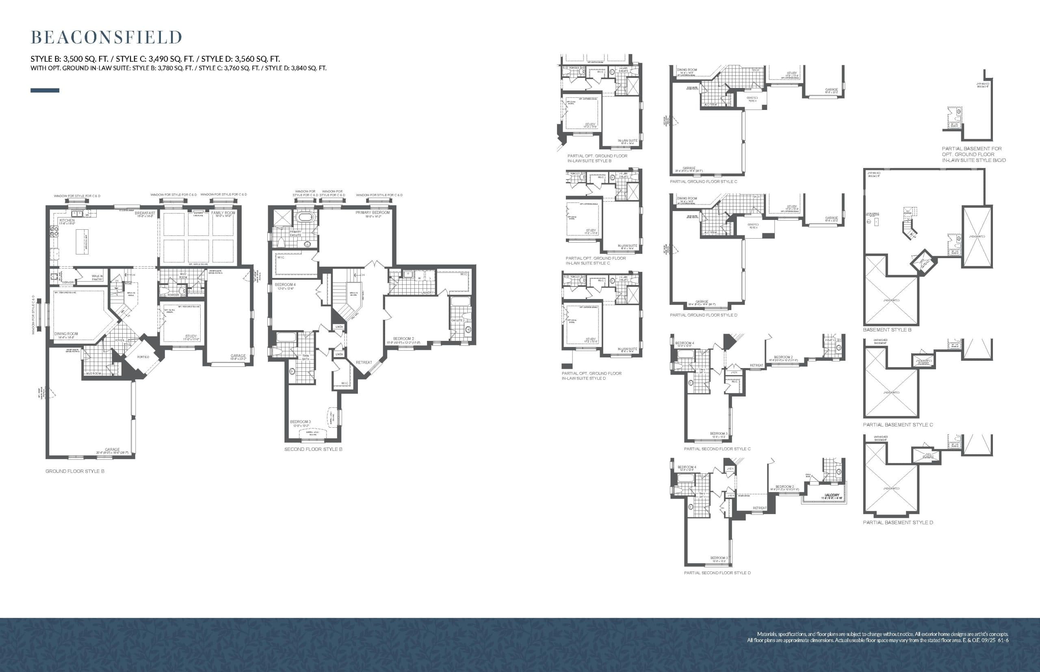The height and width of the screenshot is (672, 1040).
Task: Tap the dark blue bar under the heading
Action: pyautogui.click(x=45, y=90)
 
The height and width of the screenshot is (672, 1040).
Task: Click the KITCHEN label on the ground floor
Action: pyautogui.click(x=67, y=220)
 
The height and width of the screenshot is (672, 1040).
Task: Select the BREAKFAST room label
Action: pyautogui.click(x=145, y=213)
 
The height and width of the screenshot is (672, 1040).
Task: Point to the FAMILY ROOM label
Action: pyautogui.click(x=223, y=213)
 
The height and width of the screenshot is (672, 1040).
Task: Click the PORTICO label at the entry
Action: pyautogui.click(x=143, y=357)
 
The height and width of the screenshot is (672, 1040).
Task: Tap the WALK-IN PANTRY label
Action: pyautogui.click(x=97, y=278)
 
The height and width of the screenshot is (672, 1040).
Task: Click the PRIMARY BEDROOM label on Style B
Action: pyautogui.click(x=372, y=213)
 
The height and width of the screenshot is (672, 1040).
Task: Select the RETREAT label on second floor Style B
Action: pyautogui.click(x=364, y=363)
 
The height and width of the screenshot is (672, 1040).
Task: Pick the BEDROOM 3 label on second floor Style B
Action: pyautogui.click(x=301, y=422)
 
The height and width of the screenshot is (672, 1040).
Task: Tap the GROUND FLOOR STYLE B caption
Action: pyautogui.click(x=75, y=471)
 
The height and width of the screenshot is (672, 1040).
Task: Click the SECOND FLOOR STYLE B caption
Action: pyautogui.click(x=313, y=449)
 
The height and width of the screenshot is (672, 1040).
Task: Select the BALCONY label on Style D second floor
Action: pyautogui.click(x=832, y=495)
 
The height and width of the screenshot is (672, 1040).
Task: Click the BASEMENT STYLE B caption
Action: pyautogui.click(x=887, y=330)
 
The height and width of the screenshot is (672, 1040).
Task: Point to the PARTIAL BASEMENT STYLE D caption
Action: pyautogui.click(x=897, y=522)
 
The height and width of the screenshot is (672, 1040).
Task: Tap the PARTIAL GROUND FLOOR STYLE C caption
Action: pyautogui.click(x=703, y=181)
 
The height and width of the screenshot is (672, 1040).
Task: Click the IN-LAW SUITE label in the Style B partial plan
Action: pyautogui.click(x=627, y=140)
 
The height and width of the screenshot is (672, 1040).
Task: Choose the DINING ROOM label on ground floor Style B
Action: pyautogui.click(x=66, y=334)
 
